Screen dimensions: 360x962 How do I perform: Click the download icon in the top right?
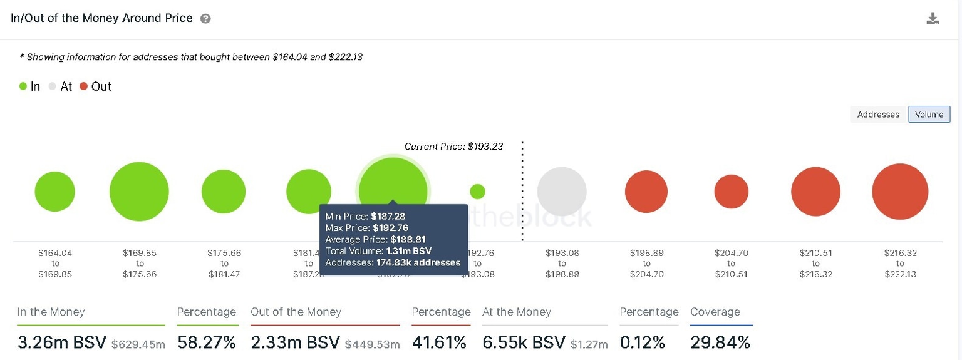click(933, 19)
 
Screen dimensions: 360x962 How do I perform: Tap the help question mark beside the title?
click(205, 19)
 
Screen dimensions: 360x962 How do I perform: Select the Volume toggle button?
click(929, 115)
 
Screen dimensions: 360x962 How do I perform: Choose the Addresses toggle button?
click(878, 115)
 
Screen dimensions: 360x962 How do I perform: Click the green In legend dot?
click(23, 86)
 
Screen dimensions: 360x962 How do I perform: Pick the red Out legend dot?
click(84, 86)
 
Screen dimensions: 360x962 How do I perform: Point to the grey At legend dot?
click(53, 86)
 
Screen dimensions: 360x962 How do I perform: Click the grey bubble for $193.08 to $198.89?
click(562, 192)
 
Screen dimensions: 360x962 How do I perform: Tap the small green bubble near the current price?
click(477, 192)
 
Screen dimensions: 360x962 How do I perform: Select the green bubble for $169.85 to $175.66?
click(139, 192)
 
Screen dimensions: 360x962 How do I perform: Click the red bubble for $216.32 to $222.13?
click(900, 192)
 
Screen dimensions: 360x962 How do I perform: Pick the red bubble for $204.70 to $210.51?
click(732, 192)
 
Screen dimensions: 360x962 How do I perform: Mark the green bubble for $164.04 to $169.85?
click(55, 192)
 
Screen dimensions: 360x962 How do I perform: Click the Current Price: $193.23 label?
click(453, 147)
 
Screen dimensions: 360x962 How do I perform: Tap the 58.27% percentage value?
click(207, 342)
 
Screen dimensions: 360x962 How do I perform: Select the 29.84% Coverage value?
click(720, 342)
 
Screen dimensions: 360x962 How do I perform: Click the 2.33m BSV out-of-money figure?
click(295, 342)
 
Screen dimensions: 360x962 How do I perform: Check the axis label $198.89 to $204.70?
click(646, 264)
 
